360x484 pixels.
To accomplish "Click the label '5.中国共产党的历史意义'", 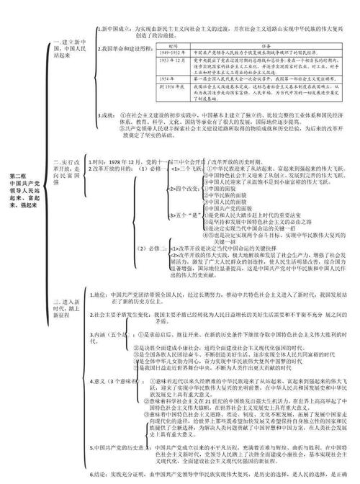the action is tap(120, 447).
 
